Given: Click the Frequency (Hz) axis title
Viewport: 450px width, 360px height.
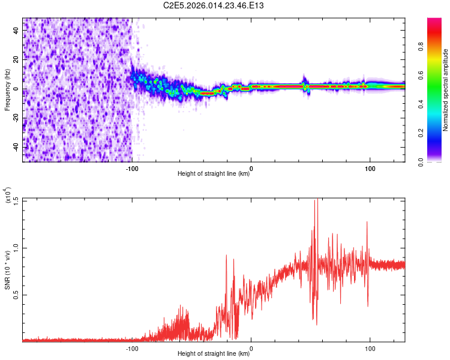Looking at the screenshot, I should tap(7, 90).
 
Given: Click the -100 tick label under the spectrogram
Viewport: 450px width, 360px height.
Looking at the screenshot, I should tap(132, 168).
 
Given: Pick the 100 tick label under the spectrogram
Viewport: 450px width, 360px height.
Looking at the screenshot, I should tap(370, 168).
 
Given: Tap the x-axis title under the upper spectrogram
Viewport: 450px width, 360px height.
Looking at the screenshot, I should tap(214, 174).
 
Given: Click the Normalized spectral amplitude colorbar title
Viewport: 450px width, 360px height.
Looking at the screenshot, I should tap(445, 90).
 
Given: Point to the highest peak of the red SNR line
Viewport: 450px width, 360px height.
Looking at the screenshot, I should tap(316, 200).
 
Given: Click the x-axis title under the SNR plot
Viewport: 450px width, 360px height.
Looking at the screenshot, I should tap(214, 354).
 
